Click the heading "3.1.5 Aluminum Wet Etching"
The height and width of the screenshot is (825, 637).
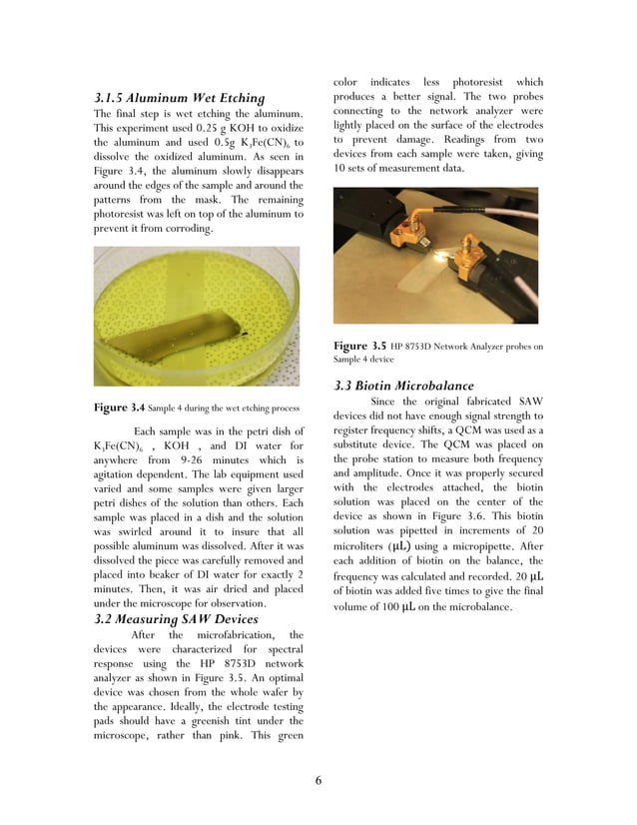tap(179, 98)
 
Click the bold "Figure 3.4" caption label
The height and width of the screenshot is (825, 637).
tap(119, 408)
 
